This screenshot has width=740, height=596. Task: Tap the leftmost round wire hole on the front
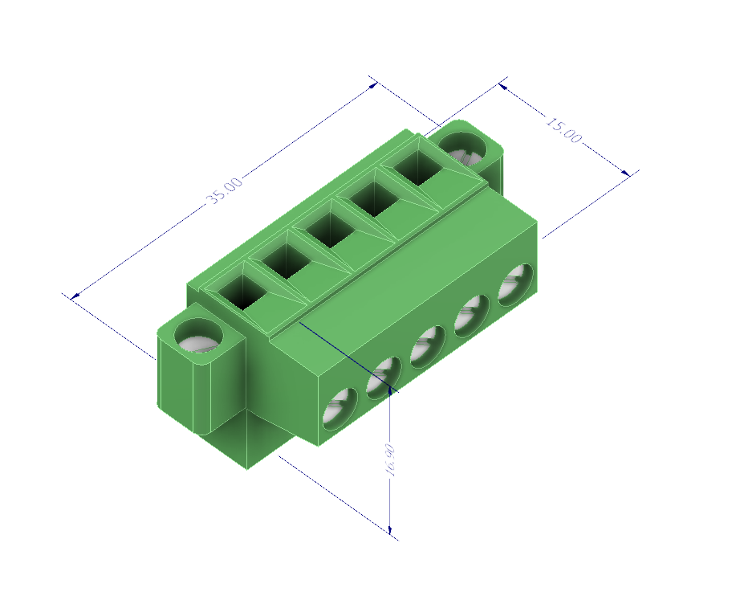(x=340, y=408)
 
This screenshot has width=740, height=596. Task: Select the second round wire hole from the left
(x=384, y=377)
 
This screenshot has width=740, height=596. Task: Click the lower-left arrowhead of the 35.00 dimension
(x=75, y=296)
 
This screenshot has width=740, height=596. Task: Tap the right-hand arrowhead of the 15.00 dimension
(x=627, y=172)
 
